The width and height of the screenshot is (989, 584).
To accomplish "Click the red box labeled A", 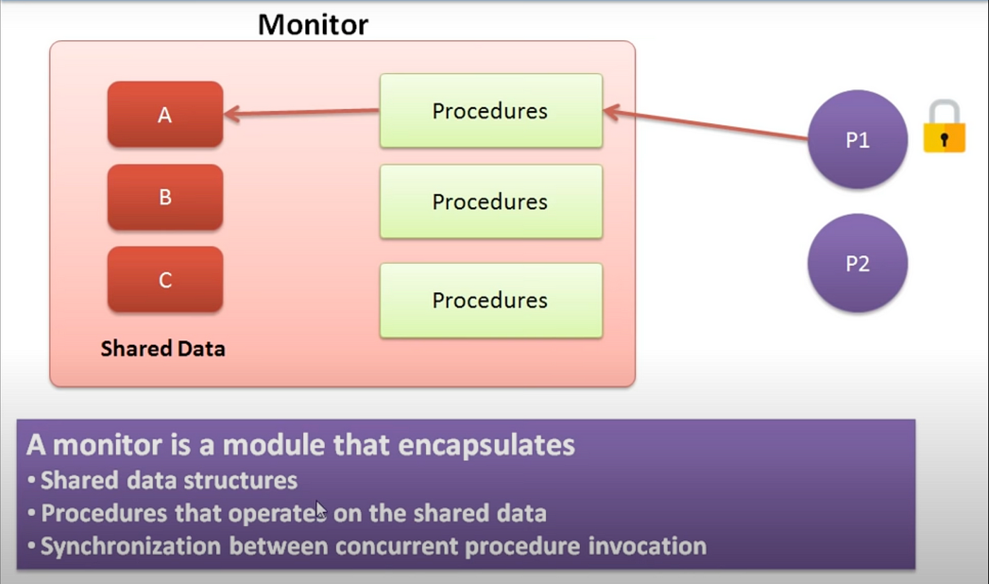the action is pos(165,114).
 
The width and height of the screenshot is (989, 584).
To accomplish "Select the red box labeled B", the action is pos(165,197).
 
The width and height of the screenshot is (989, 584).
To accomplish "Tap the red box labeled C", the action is pos(165,279).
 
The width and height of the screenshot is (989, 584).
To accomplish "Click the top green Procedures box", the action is pos(491,110).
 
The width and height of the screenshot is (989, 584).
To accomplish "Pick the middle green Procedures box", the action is pos(491,202).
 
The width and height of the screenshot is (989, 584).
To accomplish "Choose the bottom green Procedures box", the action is pos(491,300).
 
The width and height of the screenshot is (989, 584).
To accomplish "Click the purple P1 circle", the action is pos(858,139).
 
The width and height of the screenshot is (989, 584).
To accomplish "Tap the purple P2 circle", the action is pos(858,263).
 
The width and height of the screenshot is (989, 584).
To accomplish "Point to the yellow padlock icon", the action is pos(944,127).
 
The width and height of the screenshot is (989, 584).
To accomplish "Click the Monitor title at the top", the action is pos(312,24).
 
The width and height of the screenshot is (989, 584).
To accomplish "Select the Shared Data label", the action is pos(163,349).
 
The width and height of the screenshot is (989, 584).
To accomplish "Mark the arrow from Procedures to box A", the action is pos(302,112).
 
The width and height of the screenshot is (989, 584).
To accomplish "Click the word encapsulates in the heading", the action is pos(487,445).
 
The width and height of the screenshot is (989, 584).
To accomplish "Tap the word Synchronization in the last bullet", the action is pos(131,546).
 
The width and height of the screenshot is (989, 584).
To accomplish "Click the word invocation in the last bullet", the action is pos(647,546).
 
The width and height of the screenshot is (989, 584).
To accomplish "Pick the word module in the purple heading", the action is pos(274,445).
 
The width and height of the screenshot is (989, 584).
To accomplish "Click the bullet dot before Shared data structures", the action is pos(31,481).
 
